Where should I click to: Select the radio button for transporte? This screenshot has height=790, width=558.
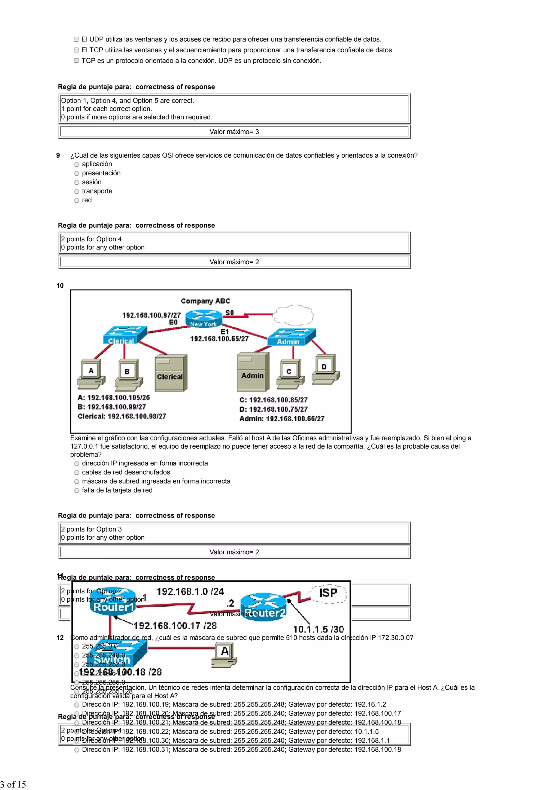[x=77, y=192]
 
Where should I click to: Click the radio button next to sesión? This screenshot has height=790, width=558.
[x=77, y=183]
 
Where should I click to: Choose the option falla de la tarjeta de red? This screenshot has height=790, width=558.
[x=77, y=491]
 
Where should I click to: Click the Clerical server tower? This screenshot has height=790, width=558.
[x=171, y=373]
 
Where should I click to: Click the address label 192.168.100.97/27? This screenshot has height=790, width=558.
[x=151, y=315]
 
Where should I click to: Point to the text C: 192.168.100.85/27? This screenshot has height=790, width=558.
[x=273, y=400]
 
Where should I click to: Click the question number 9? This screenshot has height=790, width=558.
[x=58, y=155]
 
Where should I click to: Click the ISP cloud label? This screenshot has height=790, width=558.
[x=328, y=593]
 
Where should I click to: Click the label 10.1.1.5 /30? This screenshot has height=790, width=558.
[x=318, y=629]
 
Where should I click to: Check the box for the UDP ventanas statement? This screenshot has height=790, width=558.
[x=76, y=40]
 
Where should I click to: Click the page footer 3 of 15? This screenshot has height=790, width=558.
[x=13, y=784]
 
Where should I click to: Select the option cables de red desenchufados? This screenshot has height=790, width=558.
[x=77, y=473]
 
